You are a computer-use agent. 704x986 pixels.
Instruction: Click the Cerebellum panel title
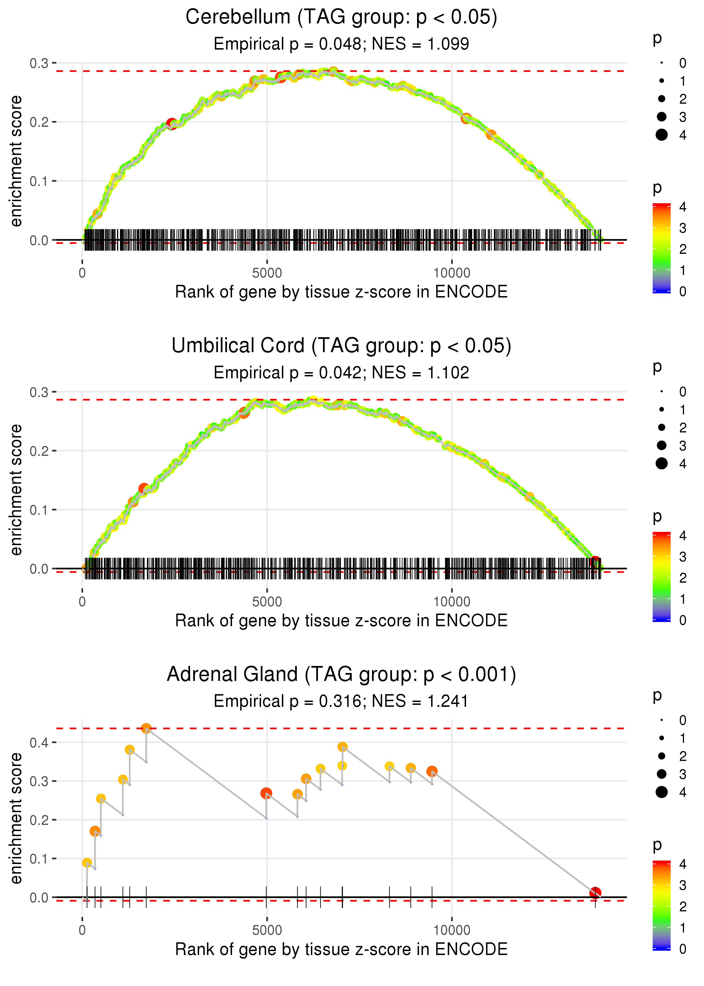coord(341,17)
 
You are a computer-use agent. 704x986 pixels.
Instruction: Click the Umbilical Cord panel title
coord(341,346)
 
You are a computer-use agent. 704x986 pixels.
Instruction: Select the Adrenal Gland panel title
coord(341,675)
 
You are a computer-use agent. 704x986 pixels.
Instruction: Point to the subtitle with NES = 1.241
coord(341,701)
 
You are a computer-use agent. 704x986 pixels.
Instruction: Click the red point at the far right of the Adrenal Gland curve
coord(595,893)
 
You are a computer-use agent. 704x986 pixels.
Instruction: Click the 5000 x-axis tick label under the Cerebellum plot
coord(267,273)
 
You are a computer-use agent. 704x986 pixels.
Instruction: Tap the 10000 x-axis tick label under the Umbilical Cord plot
coord(452,602)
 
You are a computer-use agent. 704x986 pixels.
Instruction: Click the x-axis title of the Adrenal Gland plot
coord(341,949)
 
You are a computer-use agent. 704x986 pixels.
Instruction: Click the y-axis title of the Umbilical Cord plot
coord(16,490)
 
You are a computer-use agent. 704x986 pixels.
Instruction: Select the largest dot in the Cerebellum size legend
coord(661,135)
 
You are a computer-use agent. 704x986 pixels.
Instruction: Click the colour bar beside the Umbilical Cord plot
coord(661,577)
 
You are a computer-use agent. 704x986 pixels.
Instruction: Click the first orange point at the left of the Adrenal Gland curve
coord(87,863)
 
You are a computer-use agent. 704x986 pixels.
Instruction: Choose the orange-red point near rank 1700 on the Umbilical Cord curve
coord(144,489)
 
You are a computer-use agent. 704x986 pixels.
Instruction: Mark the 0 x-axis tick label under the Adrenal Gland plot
coord(82,931)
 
